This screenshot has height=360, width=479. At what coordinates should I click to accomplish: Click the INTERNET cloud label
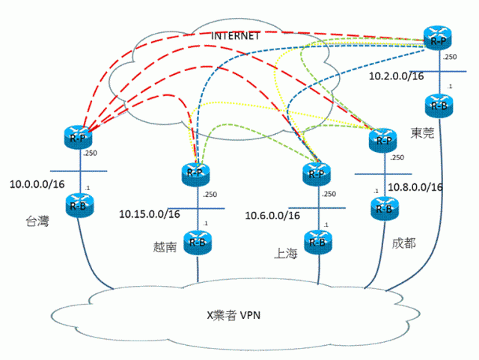tap(235, 36)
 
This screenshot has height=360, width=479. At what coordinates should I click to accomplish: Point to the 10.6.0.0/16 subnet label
tap(273, 216)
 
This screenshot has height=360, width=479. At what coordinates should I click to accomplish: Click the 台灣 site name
tap(37, 222)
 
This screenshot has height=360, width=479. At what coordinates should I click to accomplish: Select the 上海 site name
tap(286, 254)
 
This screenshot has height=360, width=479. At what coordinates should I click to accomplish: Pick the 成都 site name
tap(403, 244)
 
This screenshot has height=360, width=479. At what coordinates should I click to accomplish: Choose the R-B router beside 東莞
tap(436, 104)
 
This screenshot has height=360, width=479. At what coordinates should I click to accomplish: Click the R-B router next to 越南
tap(197, 241)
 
